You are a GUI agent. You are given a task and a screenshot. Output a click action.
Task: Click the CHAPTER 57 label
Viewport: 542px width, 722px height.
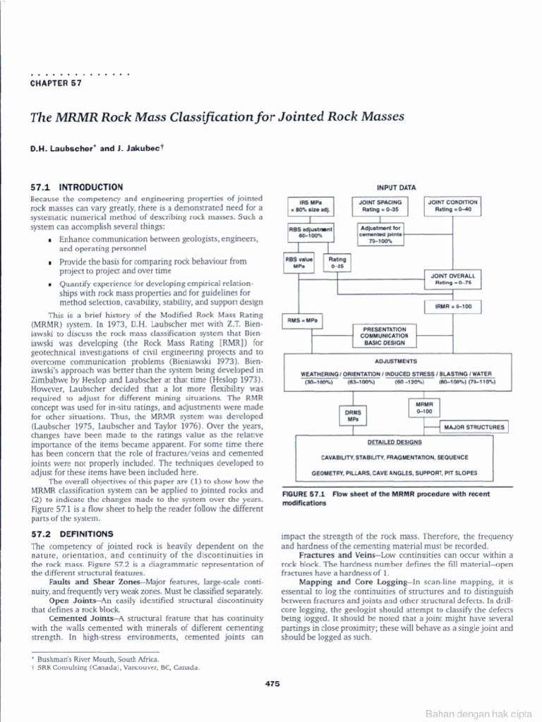(57, 83)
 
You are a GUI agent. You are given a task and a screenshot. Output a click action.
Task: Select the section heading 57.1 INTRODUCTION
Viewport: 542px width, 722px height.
(77, 188)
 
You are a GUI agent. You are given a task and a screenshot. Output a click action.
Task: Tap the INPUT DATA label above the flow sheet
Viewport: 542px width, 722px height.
(396, 188)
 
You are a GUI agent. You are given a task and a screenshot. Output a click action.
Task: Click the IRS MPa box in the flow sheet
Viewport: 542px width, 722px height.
(311, 206)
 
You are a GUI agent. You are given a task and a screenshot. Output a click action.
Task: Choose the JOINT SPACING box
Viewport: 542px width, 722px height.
(380, 206)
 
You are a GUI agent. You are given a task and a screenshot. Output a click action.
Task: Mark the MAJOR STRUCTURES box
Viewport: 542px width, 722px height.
(473, 427)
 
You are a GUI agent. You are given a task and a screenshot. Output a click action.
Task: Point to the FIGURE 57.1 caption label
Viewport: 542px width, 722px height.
(305, 494)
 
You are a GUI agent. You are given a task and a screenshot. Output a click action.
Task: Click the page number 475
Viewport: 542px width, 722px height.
(273, 683)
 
